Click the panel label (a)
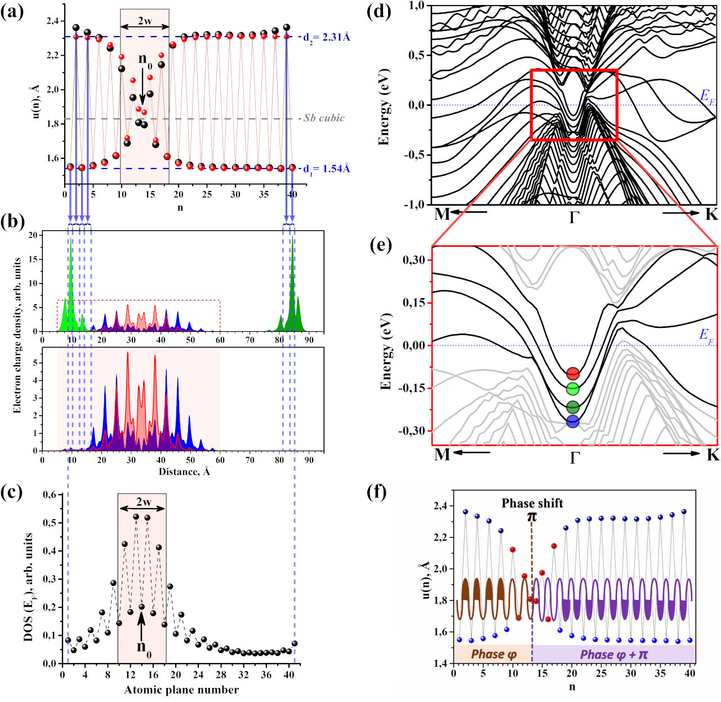(x=12, y=12)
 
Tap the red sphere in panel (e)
(x=573, y=373)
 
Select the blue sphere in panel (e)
(x=573, y=421)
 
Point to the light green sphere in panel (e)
(x=573, y=388)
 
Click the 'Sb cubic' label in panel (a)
(x=324, y=118)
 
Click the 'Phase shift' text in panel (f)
(x=532, y=503)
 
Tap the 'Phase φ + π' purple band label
(x=614, y=654)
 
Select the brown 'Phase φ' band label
(x=493, y=654)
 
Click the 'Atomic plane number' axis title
(x=181, y=690)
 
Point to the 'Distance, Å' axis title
(x=184, y=471)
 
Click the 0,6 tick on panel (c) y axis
(x=50, y=495)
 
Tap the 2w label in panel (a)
(x=145, y=17)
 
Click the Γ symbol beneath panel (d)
(x=574, y=216)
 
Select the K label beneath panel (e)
(x=712, y=454)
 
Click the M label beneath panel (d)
(x=442, y=214)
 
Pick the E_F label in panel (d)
(x=707, y=96)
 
